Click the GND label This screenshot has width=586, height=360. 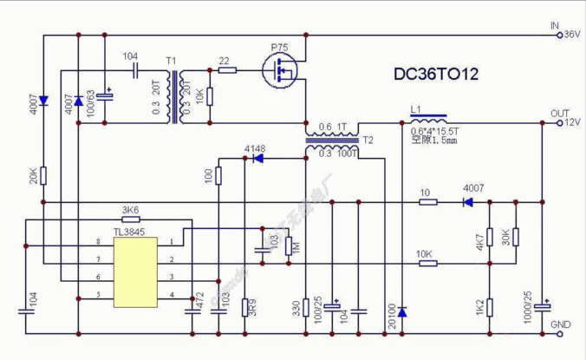tap(561, 324)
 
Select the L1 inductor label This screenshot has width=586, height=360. tap(414, 109)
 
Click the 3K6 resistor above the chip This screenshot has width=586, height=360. tap(130, 220)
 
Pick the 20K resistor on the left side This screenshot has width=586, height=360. tap(43, 176)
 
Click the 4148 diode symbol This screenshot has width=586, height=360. tap(253, 159)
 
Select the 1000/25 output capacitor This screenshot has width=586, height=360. tap(544, 305)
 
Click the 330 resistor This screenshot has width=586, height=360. tap(307, 305)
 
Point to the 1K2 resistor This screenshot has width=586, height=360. tap(491, 306)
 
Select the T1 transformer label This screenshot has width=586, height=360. tap(171, 60)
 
